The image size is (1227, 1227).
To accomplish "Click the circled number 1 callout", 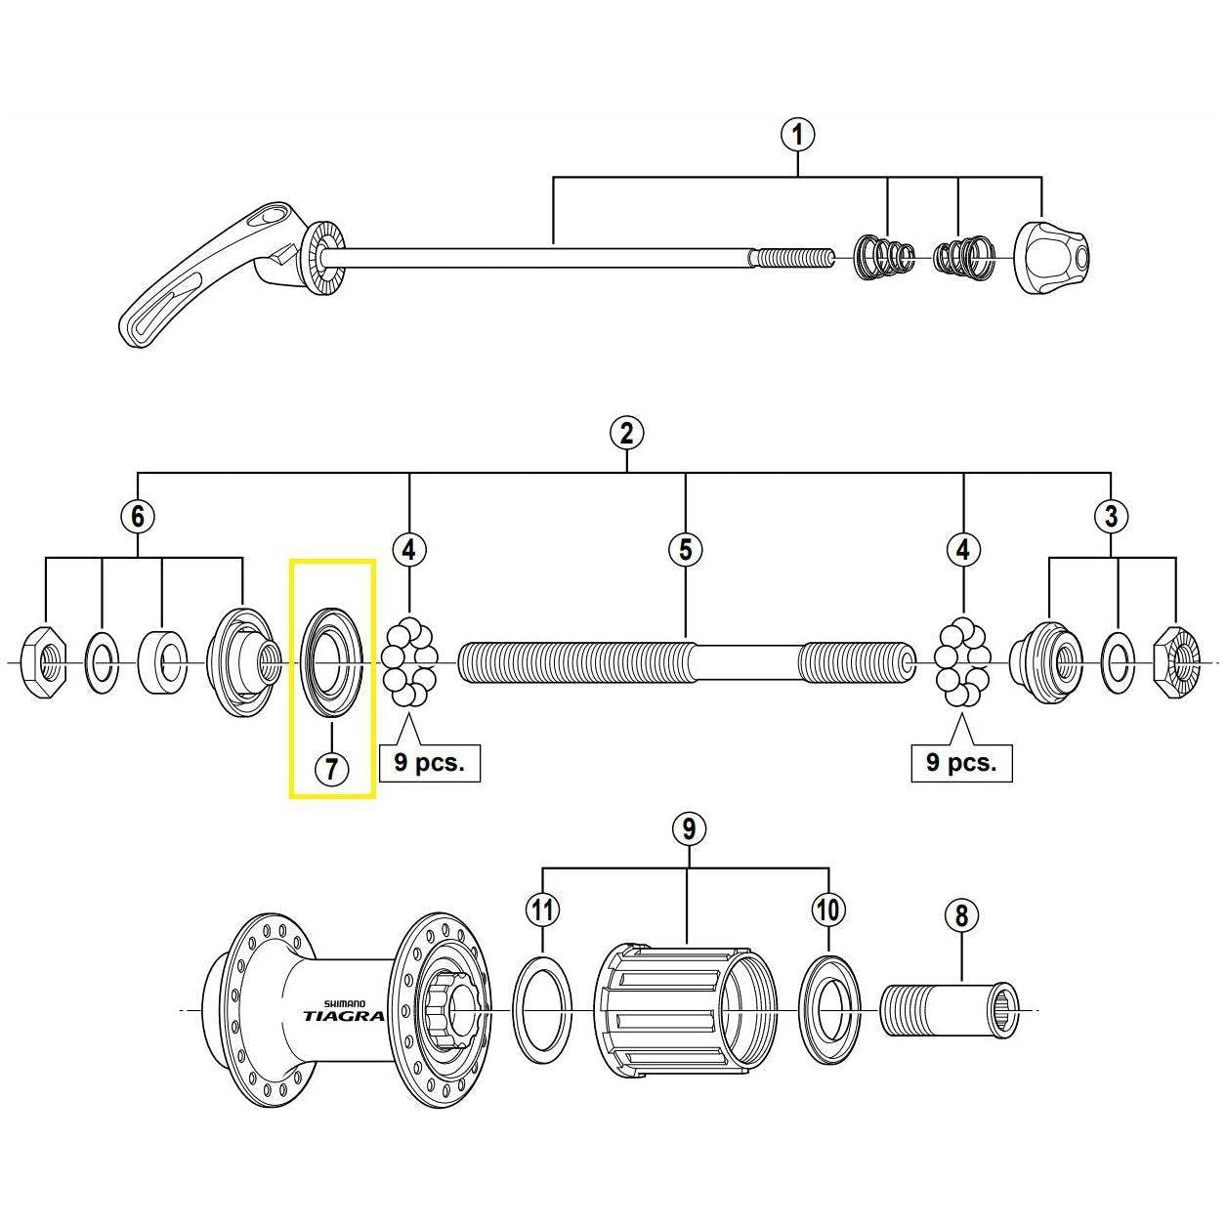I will pos(798,134).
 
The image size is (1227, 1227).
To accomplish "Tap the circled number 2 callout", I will pos(626,432).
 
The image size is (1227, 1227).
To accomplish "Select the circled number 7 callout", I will pos(331,768).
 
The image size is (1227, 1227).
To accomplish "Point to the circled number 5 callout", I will pos(685,549).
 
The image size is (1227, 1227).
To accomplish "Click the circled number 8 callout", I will pos(961,915).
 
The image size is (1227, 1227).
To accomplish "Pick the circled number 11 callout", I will pos(543,910).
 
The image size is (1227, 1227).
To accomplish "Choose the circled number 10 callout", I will pos(827,910).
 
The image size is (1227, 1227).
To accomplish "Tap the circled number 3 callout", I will pos(1111,516).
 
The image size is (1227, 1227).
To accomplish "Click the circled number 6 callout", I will pos(138,516).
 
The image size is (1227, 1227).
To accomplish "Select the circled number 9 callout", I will pos(688,829).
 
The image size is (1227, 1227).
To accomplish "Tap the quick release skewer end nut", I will pos(1052,257).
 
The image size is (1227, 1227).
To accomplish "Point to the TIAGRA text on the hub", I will pos(343,1015).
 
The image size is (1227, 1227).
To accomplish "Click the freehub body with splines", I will pos(684,1009).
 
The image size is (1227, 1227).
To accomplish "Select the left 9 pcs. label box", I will pos(429,762).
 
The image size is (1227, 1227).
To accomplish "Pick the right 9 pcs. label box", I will pos(961,762).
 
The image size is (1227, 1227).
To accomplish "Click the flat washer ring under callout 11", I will pos(543,1009).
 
